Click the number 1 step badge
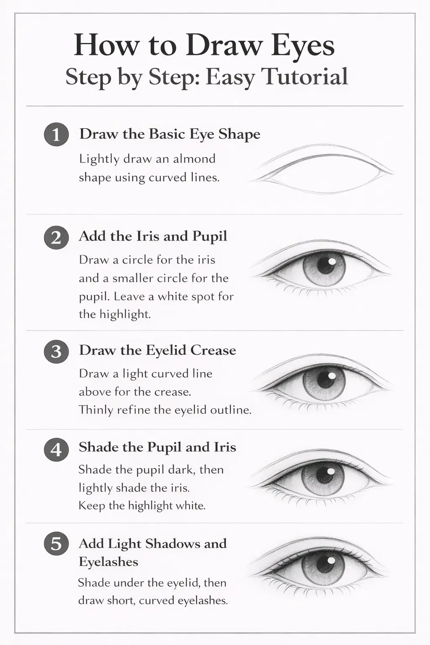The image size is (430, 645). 56,135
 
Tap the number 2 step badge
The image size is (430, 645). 56,238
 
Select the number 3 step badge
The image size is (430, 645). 56,351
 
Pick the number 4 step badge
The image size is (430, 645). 56,450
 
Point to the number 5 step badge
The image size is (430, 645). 56,544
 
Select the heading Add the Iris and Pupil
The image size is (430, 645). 153,236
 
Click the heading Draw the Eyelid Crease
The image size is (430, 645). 157,350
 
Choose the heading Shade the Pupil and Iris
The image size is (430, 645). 157,447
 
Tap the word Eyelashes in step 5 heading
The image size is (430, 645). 108,562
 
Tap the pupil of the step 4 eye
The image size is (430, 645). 324,475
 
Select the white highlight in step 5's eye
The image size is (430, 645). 331,561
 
